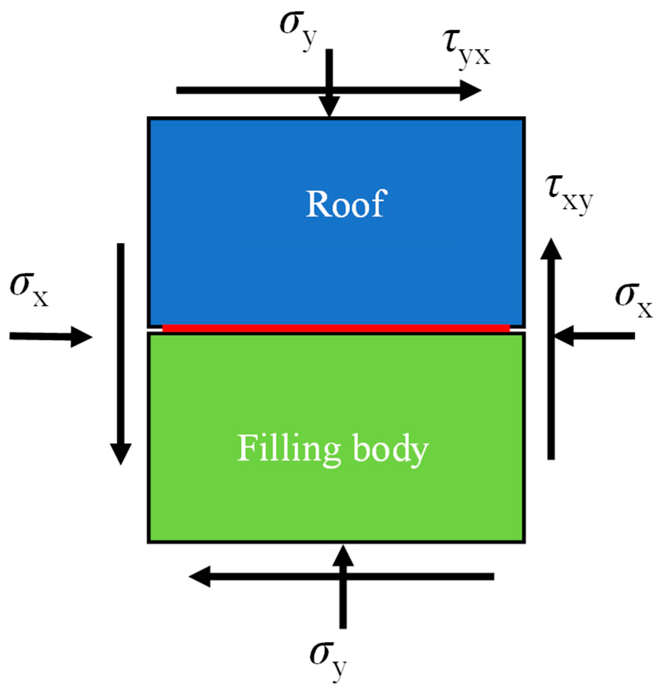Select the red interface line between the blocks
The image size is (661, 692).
[x=335, y=328]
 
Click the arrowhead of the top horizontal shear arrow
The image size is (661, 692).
[x=470, y=90]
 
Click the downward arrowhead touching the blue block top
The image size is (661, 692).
[x=330, y=107]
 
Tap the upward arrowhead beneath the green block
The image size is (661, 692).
[x=343, y=556]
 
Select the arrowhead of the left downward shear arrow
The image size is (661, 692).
[x=121, y=454]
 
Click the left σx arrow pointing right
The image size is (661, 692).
[x=51, y=336]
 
